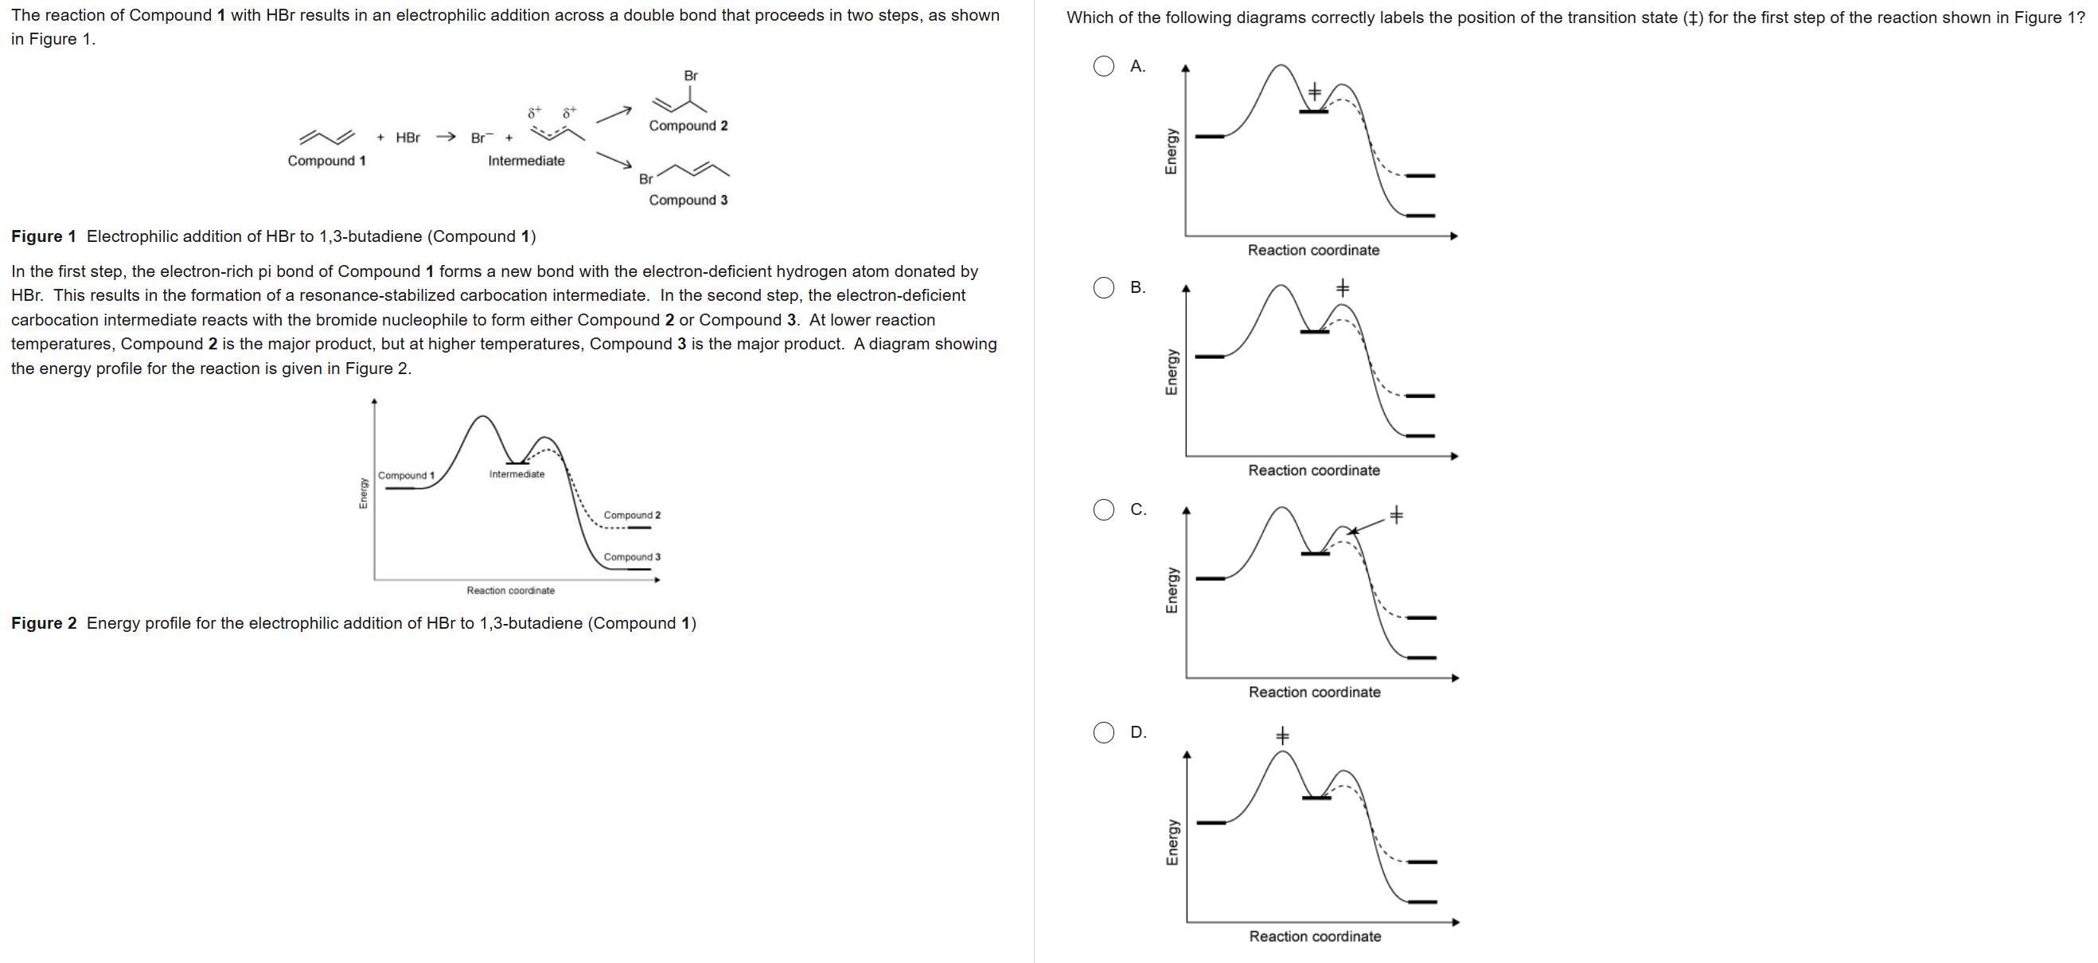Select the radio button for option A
[1104, 66]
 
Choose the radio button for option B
[1104, 287]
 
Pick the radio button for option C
[1104, 510]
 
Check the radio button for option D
[1104, 732]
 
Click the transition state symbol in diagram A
[1314, 92]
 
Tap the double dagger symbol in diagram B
[1342, 287]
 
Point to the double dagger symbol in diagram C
[1396, 515]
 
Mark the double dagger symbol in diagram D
[1282, 736]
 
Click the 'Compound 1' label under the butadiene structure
[326, 161]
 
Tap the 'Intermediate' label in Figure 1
[526, 161]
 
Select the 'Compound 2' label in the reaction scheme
[688, 126]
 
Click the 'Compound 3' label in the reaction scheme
[688, 200]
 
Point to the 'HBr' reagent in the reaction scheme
[408, 138]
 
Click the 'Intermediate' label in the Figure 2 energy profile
[517, 474]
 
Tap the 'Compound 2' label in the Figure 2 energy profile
[632, 515]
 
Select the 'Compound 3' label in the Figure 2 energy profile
[632, 557]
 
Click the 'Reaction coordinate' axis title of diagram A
[1313, 250]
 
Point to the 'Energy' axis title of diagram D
[1171, 842]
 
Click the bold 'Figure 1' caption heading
[43, 236]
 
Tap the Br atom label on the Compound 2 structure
[691, 76]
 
